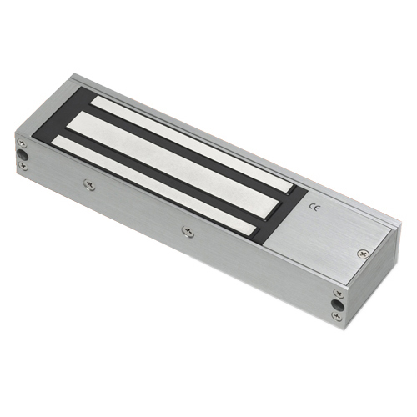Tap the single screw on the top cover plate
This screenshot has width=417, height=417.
pos(363,254)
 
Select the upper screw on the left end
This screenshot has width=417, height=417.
pos(23,143)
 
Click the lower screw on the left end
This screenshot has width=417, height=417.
pos(23,166)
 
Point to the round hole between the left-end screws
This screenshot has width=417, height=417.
pos(22,155)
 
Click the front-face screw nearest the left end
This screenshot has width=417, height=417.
pos(89,184)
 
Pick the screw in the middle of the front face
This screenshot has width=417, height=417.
pos(188,231)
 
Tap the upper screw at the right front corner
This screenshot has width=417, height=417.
pos(339,294)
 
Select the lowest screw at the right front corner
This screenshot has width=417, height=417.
pos(337,316)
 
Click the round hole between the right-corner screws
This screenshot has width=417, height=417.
pos(339,305)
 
